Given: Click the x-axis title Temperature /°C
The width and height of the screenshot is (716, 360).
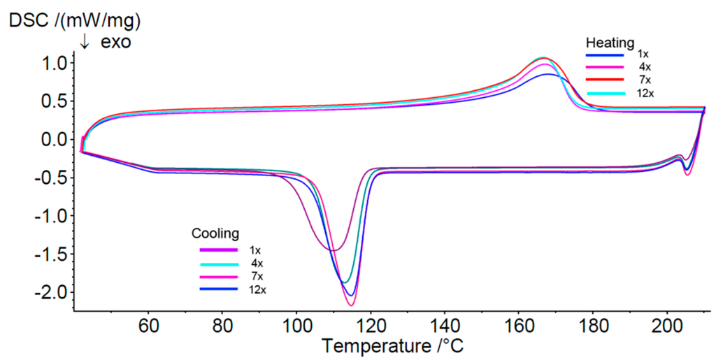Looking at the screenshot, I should [392, 345].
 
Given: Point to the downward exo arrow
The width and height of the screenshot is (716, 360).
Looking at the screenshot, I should [85, 43].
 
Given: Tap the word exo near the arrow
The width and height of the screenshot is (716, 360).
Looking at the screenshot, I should [115, 43].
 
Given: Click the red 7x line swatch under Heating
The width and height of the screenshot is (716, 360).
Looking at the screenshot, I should [603, 79].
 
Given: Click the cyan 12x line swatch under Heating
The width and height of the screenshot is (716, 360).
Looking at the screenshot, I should [603, 92].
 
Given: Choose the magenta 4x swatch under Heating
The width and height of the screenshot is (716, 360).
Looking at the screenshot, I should [603, 66].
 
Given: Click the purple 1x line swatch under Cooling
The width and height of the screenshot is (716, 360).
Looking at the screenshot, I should [218, 250].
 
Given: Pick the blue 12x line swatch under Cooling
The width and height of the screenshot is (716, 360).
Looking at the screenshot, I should [218, 288].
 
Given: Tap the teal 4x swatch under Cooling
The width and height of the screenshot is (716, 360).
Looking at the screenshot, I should [218, 263].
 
